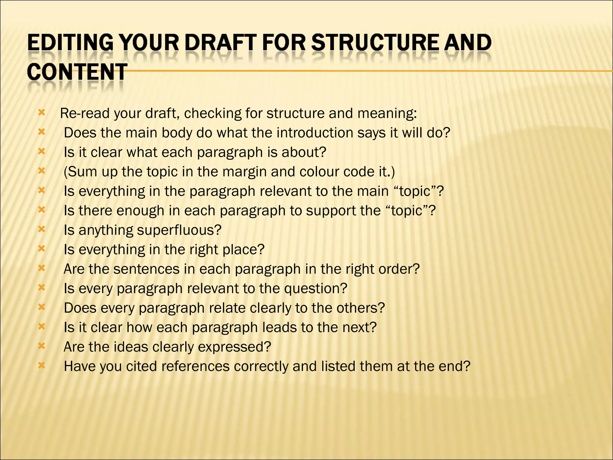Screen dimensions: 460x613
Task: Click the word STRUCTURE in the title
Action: [x=375, y=43]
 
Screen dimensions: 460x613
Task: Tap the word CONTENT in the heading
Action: [x=77, y=72]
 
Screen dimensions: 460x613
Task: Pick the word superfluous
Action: [x=179, y=230]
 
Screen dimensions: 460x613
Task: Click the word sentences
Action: [x=146, y=269]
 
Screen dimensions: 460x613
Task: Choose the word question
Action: [x=315, y=288]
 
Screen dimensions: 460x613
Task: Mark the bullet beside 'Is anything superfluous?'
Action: [x=42, y=229]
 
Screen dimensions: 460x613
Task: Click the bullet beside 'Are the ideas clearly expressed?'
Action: [x=42, y=346]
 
